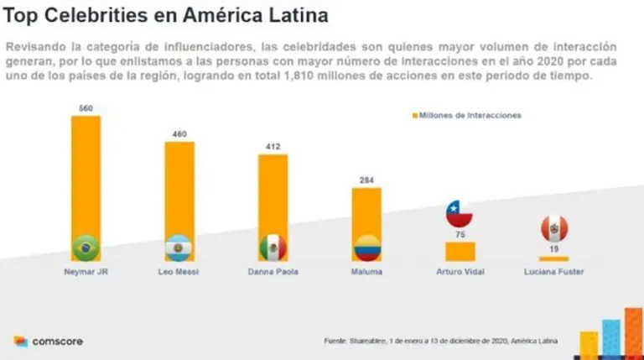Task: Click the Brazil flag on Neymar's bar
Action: (x=86, y=248)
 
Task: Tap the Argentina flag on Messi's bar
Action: (x=179, y=248)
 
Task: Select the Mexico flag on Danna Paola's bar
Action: (x=273, y=247)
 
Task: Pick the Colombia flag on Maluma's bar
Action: (x=366, y=248)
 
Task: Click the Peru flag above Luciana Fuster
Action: (x=553, y=227)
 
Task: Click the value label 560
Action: (x=86, y=108)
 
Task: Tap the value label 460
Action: (x=179, y=134)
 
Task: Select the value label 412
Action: (x=273, y=147)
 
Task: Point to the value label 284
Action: (x=366, y=180)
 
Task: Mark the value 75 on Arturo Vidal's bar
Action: (x=460, y=236)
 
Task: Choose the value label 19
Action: (x=553, y=250)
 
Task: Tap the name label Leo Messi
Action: (x=179, y=272)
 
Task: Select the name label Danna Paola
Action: (x=273, y=272)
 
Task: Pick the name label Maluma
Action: (x=366, y=272)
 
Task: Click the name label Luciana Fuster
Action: (x=553, y=272)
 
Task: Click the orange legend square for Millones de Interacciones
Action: (x=413, y=115)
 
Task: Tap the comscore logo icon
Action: (x=21, y=342)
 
